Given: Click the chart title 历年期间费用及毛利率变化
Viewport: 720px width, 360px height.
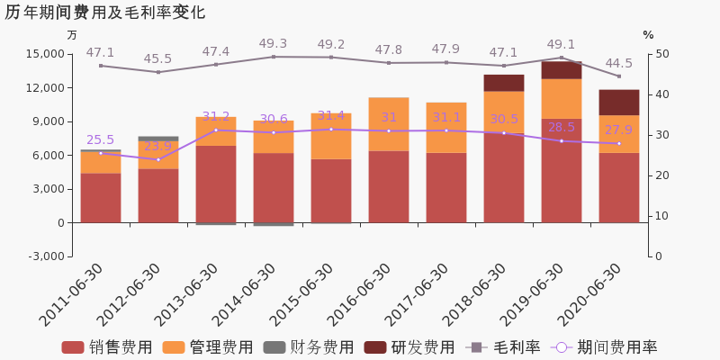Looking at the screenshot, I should (105, 13).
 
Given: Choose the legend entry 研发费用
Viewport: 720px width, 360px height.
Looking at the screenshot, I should (409, 347).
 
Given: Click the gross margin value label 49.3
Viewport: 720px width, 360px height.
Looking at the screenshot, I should (273, 44).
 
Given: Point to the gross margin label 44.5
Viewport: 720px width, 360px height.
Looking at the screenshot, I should (618, 64).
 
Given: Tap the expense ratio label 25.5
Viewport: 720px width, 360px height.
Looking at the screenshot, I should (100, 140).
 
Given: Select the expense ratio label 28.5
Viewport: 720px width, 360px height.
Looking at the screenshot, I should (561, 128).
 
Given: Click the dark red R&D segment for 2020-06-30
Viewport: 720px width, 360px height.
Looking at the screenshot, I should (618, 103).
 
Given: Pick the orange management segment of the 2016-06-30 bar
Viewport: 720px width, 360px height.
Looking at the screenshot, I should (388, 124).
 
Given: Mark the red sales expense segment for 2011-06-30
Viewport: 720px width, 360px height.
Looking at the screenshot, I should (100, 198).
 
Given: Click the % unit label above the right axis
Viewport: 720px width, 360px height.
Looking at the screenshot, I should (648, 35).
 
